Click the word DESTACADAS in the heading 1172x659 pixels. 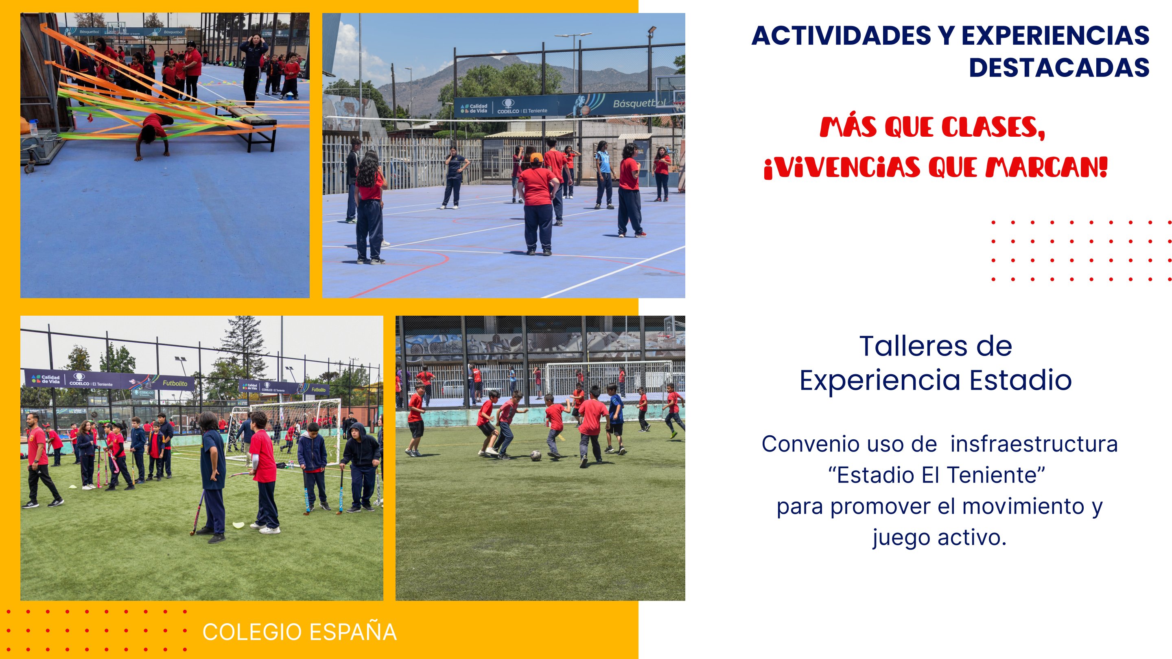pos(1059,68)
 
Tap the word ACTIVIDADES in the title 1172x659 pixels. pos(841,36)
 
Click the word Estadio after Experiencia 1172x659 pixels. pos(1021,380)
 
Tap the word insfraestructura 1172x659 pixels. pos(1034,444)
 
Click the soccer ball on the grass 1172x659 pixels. pos(536,455)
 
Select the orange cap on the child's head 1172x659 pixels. pos(536,158)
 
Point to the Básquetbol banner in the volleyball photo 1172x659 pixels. pos(637,104)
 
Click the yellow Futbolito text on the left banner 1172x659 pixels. pos(175,383)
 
